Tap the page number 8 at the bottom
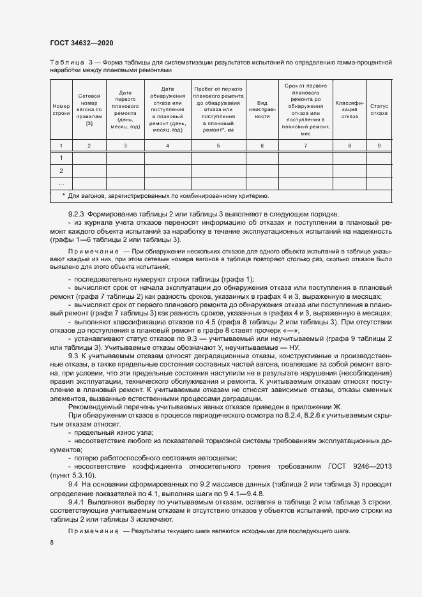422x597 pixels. (52, 543)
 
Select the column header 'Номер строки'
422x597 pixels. (61, 109)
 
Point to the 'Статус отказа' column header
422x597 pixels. (379, 109)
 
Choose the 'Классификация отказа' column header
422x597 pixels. (349, 109)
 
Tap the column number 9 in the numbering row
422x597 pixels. (379, 146)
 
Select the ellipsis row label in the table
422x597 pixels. (61, 184)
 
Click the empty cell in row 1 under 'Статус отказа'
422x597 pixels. (379, 158)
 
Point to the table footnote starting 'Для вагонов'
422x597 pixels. (169, 196)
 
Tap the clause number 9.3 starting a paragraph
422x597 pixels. (73, 354)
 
